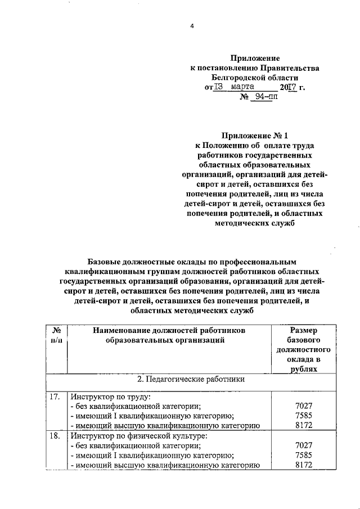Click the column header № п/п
(x=56, y=335)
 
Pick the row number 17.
(x=54, y=397)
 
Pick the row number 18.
(x=54, y=435)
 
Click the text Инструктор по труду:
(x=107, y=397)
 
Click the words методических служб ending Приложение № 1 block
(x=254, y=223)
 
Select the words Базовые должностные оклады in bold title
(x=144, y=262)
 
